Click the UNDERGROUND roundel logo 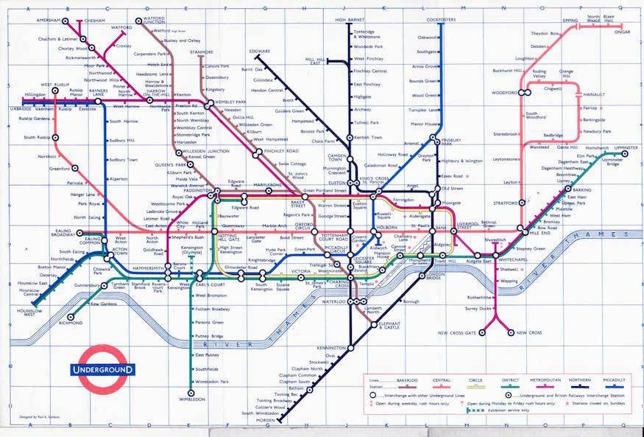(102, 368)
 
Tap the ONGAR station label (624, 32)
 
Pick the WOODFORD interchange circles (524, 93)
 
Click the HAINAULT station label (593, 94)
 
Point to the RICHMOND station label (71, 322)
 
